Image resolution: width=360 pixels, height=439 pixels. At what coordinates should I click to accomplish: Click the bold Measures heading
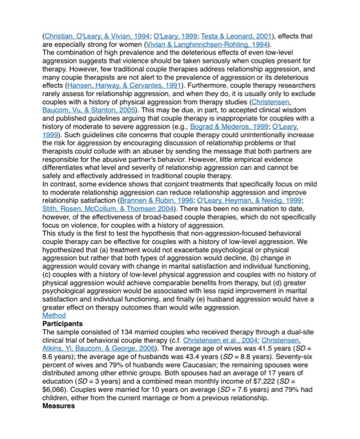pos(58,405)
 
